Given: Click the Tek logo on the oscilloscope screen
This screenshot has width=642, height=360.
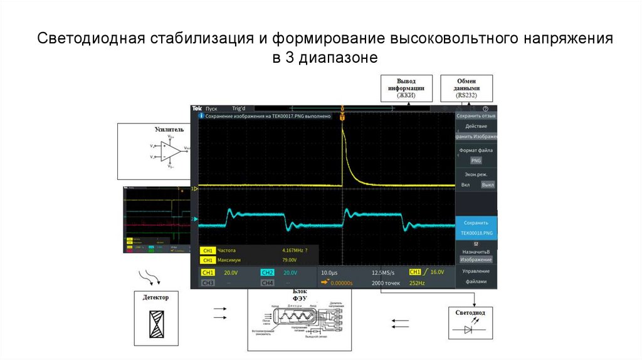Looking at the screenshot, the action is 196,109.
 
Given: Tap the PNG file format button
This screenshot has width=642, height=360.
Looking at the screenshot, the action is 476,161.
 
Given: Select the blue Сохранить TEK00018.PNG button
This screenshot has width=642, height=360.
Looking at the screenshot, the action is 476,228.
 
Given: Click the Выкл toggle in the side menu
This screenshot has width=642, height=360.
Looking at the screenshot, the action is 487,185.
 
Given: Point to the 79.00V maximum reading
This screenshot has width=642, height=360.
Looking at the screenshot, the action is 289,260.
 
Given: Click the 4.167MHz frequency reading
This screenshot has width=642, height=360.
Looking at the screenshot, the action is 292,250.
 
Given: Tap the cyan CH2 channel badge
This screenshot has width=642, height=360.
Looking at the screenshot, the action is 267,273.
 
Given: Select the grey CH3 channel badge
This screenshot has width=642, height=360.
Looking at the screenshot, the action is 208,283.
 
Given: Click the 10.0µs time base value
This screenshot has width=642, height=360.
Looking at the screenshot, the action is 330,273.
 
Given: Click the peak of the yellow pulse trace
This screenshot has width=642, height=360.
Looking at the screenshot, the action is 342,125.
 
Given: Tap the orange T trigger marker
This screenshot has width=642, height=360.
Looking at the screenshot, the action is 342,117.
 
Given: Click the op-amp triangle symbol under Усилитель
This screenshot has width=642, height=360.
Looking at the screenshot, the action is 171,151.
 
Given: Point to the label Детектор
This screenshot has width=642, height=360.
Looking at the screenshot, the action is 155,297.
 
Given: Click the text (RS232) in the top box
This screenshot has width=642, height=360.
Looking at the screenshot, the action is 466,95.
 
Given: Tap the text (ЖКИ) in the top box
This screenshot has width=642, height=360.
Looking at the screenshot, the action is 406,95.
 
